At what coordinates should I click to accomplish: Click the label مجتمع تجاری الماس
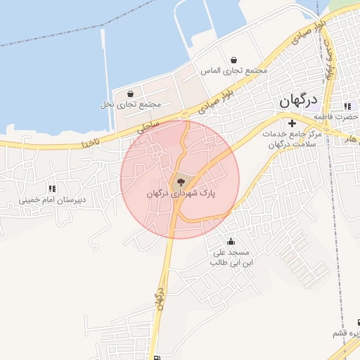click(234, 71)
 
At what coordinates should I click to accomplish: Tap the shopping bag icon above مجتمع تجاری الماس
click(233, 60)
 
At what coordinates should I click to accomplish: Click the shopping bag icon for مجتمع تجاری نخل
click(130, 93)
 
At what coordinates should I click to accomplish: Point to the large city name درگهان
click(298, 100)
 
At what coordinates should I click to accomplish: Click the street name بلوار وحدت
click(328, 56)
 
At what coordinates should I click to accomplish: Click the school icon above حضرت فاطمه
click(347, 106)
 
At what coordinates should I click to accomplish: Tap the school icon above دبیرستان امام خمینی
click(51, 188)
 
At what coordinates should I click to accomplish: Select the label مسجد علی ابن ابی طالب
click(231, 257)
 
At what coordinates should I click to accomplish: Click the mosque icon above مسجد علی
click(231, 242)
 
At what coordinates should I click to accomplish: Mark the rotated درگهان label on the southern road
click(160, 299)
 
